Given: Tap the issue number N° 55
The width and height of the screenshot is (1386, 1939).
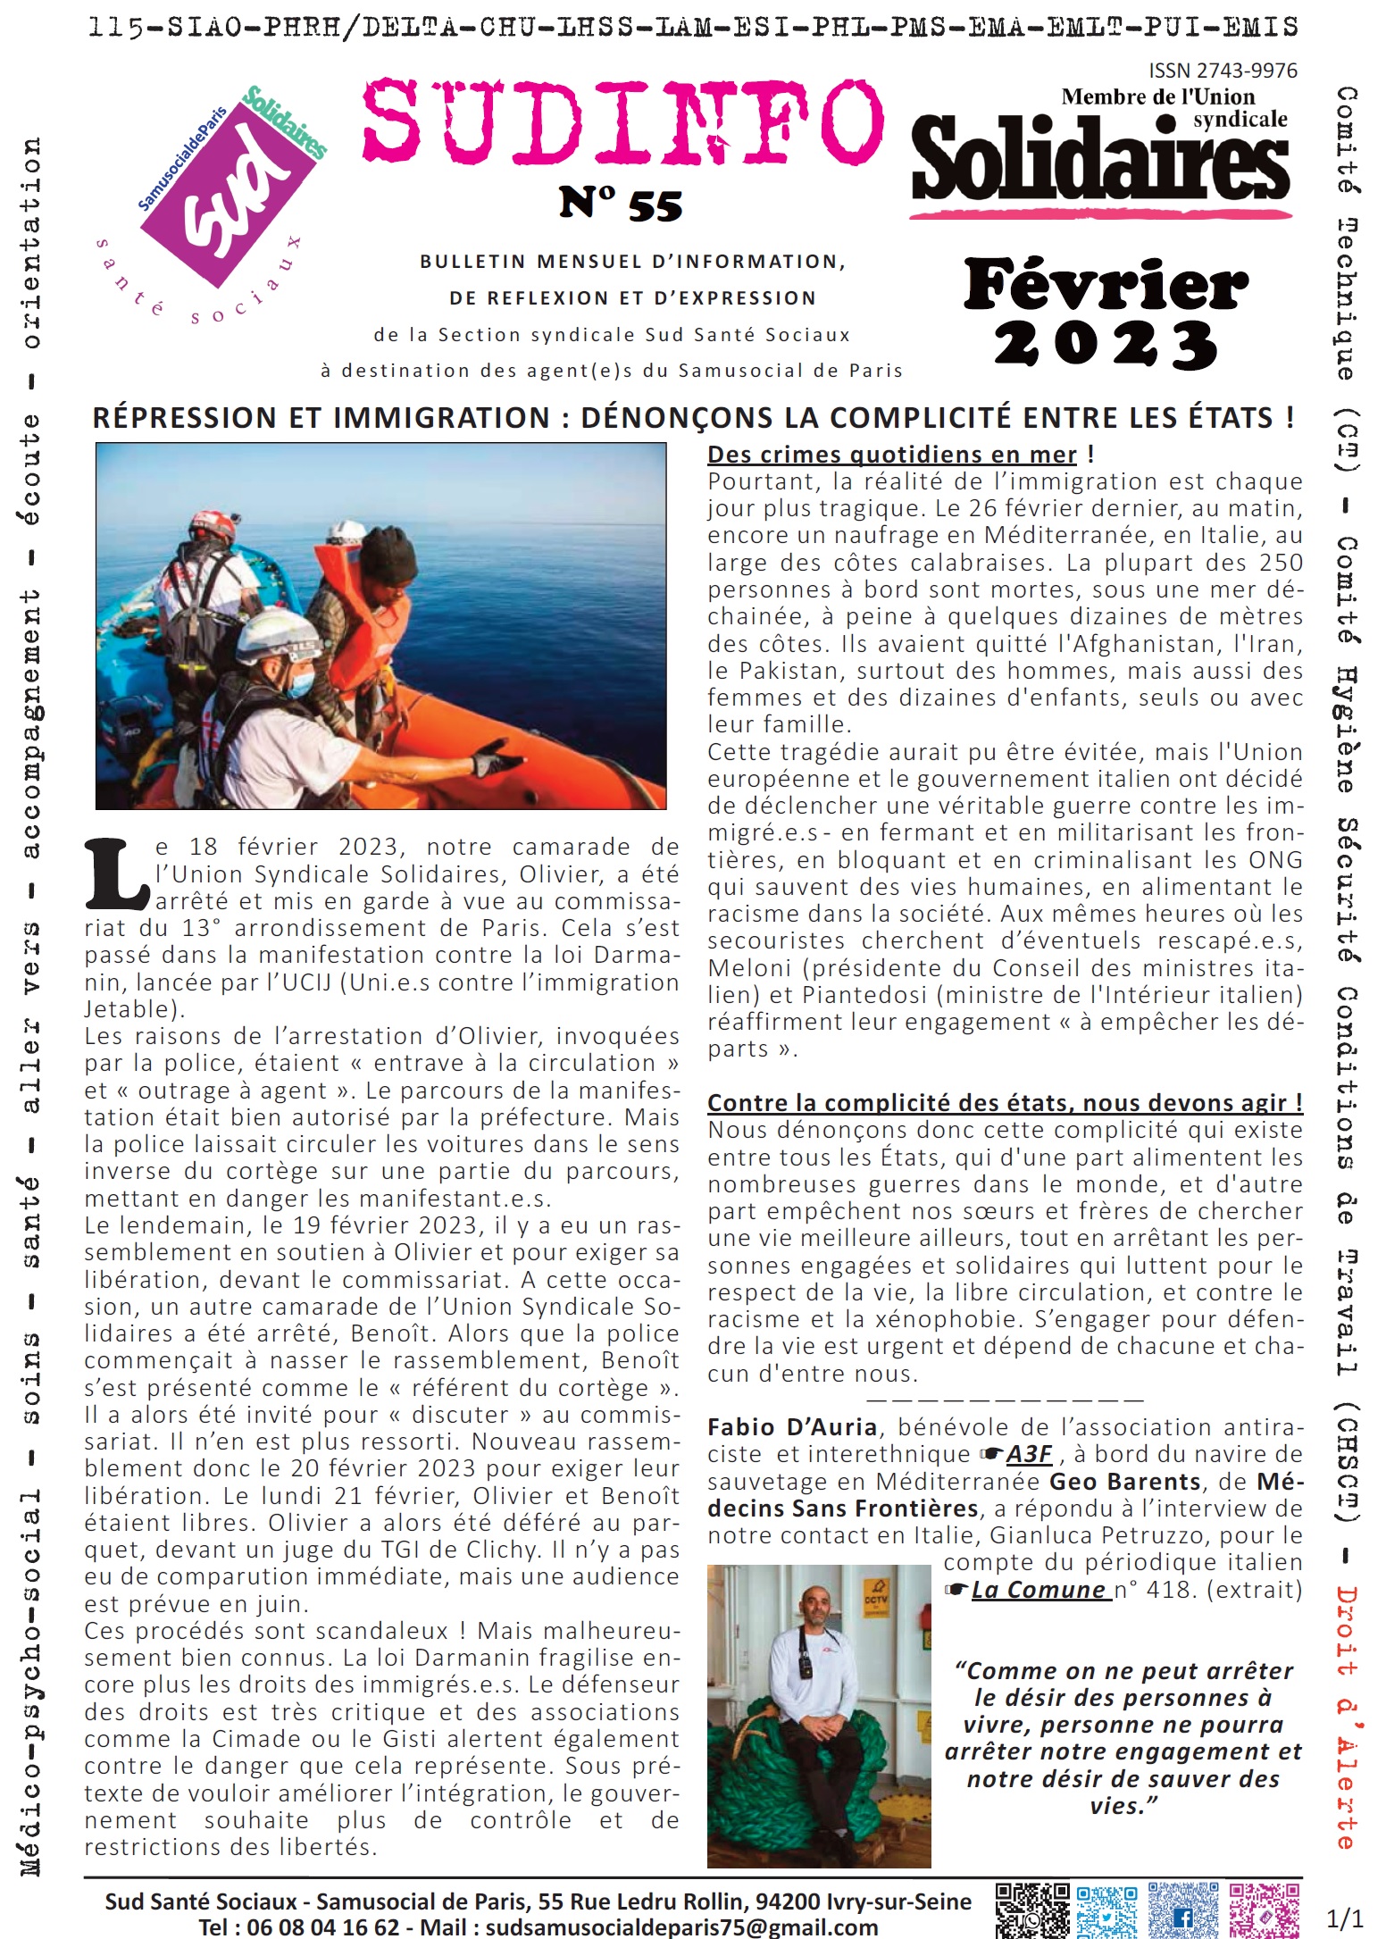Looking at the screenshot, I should [621, 205].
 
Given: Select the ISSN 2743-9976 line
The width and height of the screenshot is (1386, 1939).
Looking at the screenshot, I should [1223, 71].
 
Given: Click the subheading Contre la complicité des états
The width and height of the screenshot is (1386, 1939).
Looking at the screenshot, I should [1004, 1102].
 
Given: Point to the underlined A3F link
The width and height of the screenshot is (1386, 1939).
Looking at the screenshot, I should [1029, 1454].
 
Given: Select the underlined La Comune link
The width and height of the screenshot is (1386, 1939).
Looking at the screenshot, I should [1039, 1590].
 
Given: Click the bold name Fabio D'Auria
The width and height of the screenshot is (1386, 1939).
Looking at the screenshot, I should [792, 1427].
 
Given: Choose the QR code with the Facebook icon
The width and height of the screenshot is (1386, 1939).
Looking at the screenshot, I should [1182, 1910].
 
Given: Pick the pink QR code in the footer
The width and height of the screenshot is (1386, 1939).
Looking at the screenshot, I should [1264, 1910].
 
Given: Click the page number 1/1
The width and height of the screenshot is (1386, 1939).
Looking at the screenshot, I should [1345, 1918].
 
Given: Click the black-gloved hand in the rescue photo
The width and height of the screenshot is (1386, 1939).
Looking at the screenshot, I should [495, 761].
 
